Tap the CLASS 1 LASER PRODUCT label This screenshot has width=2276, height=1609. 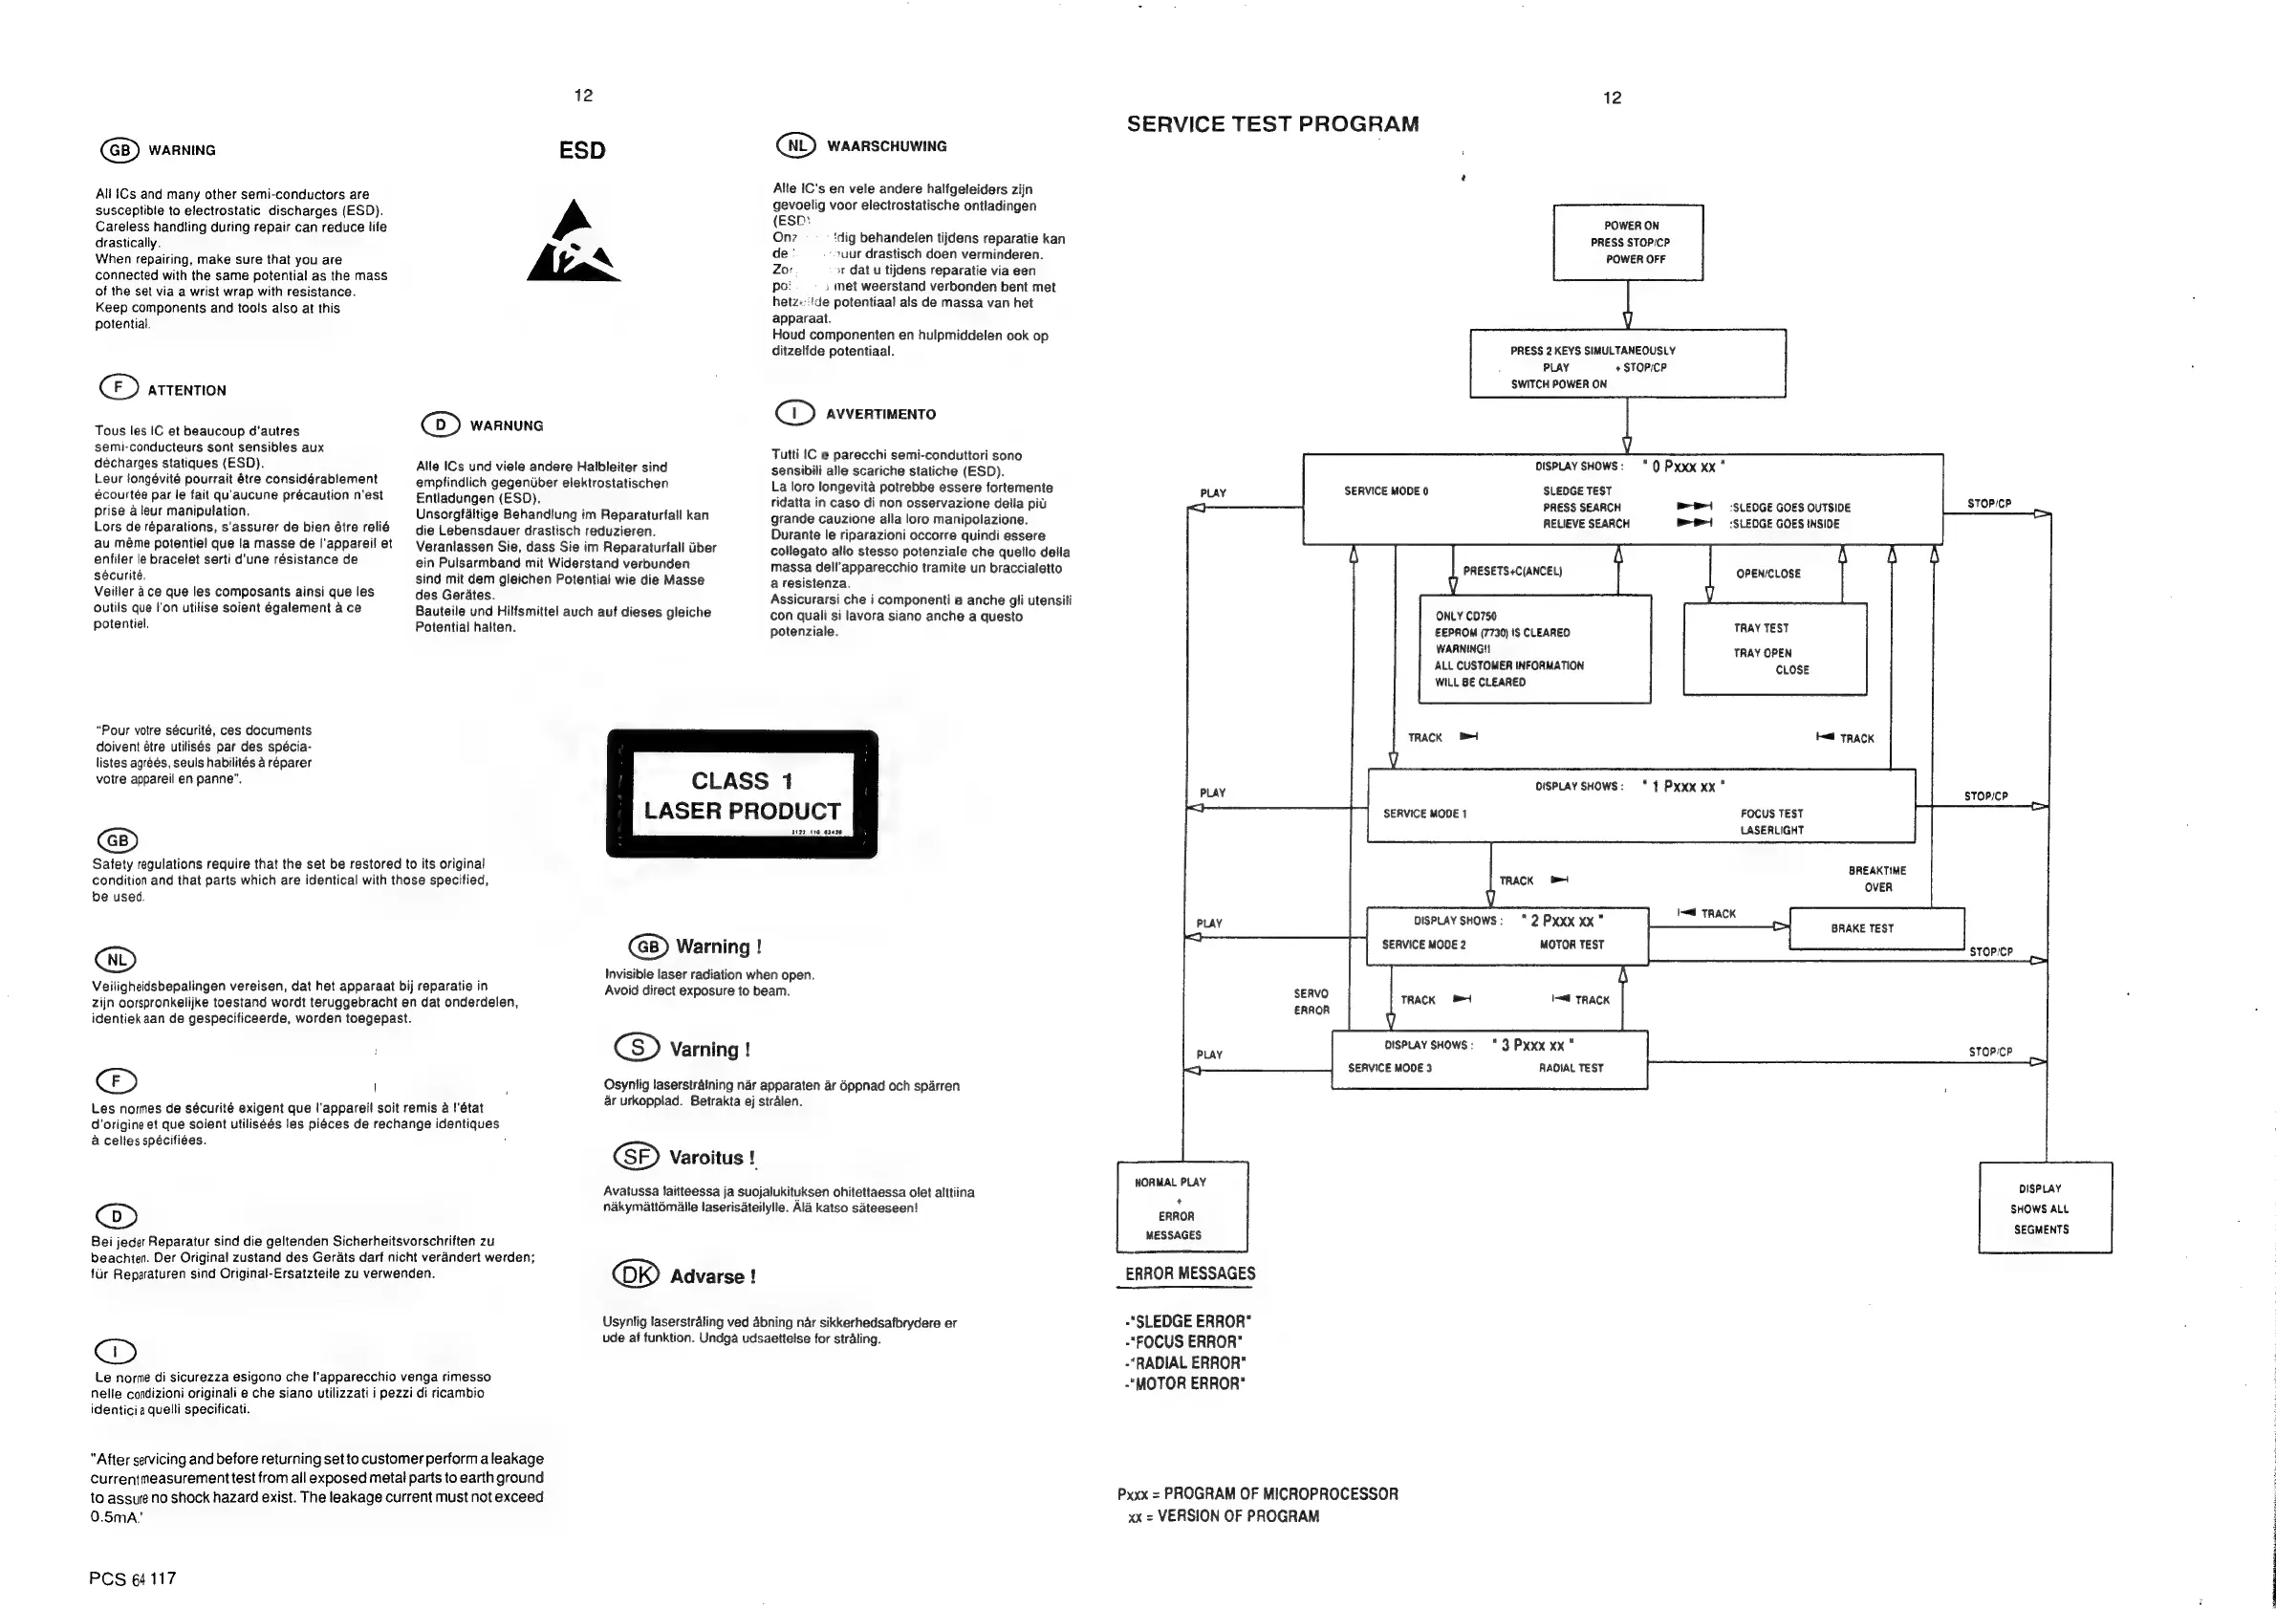coord(742,795)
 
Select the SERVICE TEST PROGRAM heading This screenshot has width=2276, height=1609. coord(1273,124)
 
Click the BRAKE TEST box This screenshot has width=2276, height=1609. coord(1875,928)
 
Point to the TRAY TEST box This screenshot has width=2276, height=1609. coord(1774,649)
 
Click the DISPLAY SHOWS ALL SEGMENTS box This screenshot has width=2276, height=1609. coord(2044,1207)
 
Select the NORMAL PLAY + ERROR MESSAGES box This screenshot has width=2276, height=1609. coord(1181,1207)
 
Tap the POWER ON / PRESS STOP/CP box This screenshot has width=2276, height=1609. coord(1628,243)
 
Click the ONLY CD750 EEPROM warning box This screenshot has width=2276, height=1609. coord(1534,649)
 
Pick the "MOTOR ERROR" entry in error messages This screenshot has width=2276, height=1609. coord(1186,1384)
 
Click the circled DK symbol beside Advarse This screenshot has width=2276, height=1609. coord(636,1275)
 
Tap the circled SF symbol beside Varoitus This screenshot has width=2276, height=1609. coord(637,1156)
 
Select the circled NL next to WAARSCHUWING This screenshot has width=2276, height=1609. coord(795,145)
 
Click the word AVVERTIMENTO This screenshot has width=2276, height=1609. coord(880,414)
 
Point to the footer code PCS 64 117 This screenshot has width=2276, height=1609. coord(132,1578)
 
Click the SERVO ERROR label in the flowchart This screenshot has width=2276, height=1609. coord(1311,1001)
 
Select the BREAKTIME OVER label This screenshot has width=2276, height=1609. coord(1876,880)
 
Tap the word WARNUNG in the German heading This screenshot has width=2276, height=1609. coord(507,426)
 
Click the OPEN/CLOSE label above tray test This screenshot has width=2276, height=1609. coord(1767,574)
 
